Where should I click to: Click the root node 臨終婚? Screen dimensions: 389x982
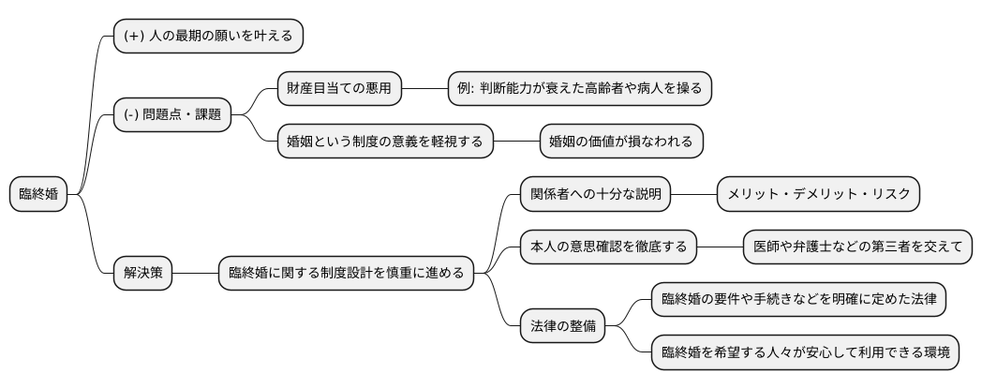[x=38, y=195]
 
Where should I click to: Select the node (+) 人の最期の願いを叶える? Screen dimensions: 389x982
[x=208, y=37]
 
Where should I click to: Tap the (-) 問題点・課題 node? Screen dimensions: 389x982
[x=171, y=114]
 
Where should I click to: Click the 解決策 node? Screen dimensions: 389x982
[x=142, y=274]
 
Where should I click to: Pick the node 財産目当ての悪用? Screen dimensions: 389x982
[x=340, y=89]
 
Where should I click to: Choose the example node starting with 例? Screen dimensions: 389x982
[x=580, y=89]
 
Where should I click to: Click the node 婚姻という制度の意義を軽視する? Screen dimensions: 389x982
[x=385, y=142]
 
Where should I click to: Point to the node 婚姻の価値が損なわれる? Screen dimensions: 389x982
[x=621, y=142]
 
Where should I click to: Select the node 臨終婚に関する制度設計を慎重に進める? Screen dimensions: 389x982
[x=346, y=274]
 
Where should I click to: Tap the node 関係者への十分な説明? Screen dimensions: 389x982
[x=596, y=195]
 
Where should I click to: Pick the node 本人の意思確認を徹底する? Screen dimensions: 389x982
[x=608, y=247]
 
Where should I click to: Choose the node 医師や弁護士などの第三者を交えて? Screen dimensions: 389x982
[x=857, y=247]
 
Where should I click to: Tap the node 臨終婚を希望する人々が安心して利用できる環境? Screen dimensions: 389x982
[x=805, y=353]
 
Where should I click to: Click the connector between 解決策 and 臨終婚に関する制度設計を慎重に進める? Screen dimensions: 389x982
[x=195, y=274]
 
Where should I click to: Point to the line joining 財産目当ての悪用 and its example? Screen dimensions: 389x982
[x=424, y=89]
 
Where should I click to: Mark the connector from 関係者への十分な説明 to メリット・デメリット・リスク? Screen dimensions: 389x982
[x=694, y=195]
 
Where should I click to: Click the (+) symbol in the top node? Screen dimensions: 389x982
[x=132, y=37]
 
